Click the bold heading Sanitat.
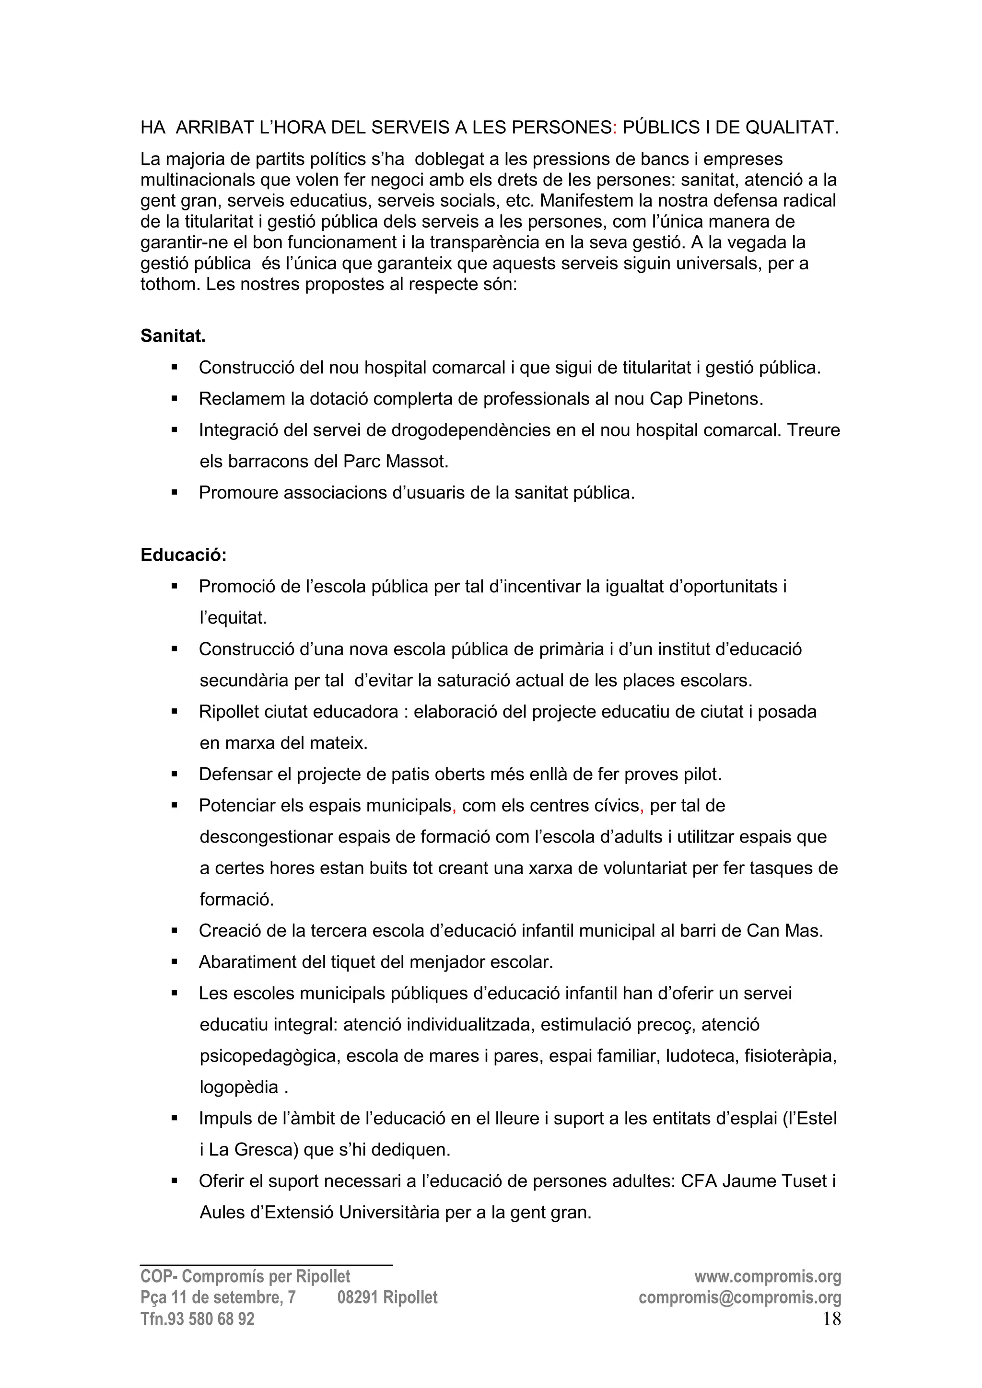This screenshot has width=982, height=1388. point(173,336)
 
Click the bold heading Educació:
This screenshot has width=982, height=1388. point(183,555)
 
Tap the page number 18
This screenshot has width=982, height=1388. point(831,1319)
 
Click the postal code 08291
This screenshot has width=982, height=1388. point(358,1297)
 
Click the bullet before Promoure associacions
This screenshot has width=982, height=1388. point(174,493)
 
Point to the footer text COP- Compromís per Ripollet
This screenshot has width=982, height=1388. point(245,1276)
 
